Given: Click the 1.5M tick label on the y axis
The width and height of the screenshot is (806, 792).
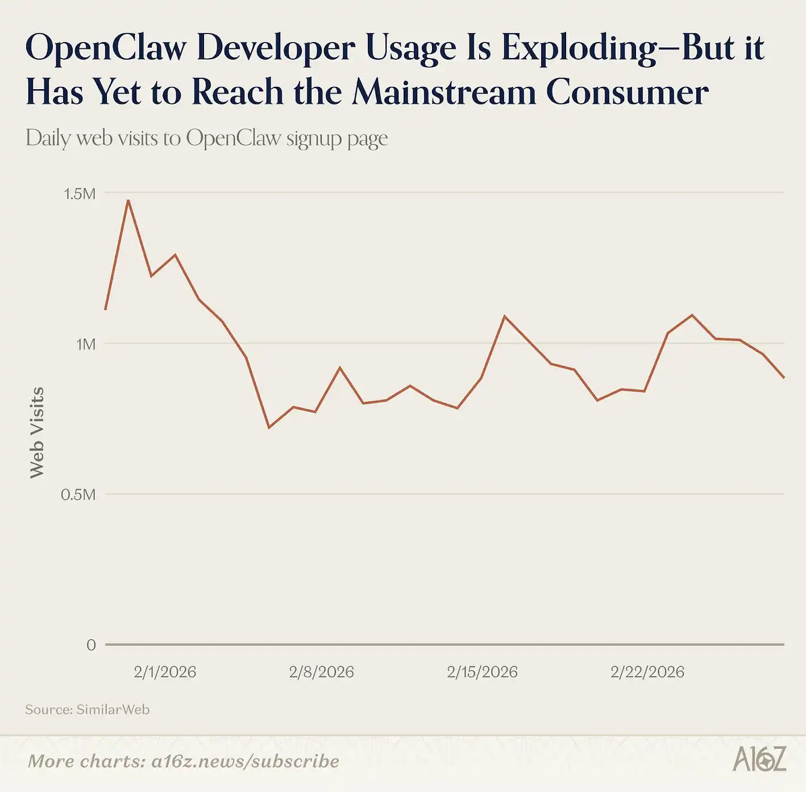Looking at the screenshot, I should click(x=80, y=194).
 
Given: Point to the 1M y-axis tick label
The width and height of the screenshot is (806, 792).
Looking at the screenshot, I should click(x=86, y=344).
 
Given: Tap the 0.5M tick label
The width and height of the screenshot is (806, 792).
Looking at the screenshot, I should click(x=78, y=495).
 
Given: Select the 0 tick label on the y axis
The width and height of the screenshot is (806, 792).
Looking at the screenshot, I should click(x=91, y=645).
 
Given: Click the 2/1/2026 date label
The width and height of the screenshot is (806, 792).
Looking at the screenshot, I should click(x=165, y=672).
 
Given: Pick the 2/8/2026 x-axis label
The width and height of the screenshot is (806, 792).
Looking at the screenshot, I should click(x=321, y=672).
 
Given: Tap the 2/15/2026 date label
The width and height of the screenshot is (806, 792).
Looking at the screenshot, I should click(x=482, y=672).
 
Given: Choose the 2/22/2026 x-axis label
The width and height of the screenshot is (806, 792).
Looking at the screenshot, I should click(x=647, y=672).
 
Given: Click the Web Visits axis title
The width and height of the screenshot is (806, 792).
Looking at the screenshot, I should click(x=37, y=432).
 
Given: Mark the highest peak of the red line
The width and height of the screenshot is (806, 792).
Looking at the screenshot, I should click(x=128, y=200).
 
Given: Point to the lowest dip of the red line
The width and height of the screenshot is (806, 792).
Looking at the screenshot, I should click(x=269, y=427).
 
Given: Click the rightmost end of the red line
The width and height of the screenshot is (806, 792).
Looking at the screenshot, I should click(x=784, y=377).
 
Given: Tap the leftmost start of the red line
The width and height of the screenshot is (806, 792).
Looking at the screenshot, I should click(x=106, y=309).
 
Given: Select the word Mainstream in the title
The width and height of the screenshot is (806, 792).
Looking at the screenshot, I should click(x=444, y=92).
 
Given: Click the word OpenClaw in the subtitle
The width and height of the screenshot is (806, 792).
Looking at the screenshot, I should click(x=234, y=138).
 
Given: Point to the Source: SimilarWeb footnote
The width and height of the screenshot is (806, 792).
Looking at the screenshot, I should click(x=87, y=710).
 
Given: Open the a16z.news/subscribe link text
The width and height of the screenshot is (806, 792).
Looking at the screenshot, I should click(x=245, y=761).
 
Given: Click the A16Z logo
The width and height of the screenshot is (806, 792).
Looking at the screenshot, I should click(x=759, y=759).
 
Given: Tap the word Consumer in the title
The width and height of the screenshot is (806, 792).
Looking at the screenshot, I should click(x=627, y=92).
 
